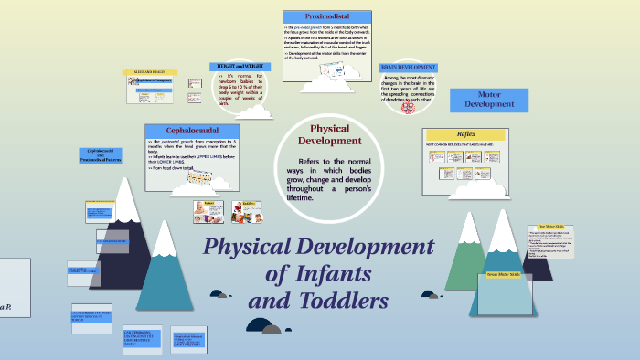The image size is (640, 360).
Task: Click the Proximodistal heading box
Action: coord(326,16)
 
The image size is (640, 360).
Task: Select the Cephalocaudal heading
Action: coord(192,131)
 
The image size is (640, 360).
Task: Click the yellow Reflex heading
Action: coord(465,133)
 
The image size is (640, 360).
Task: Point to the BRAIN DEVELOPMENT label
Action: coord(408,68)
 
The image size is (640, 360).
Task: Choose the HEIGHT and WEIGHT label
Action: coord(241,67)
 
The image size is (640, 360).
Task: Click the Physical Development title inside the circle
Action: coord(330,135)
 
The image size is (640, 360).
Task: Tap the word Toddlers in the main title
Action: coord(342,301)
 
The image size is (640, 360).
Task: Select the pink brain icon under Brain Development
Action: coord(408,106)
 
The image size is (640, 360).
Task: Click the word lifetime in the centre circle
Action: coord(299,197)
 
